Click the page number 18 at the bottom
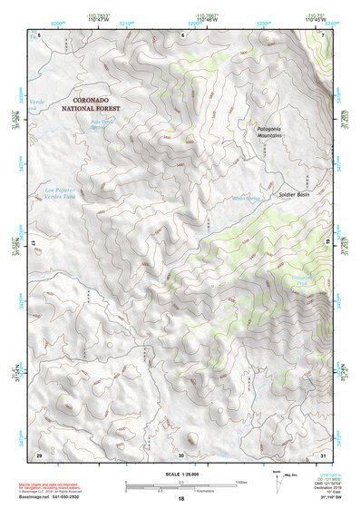(x=180, y=500)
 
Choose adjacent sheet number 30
(x=180, y=455)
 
